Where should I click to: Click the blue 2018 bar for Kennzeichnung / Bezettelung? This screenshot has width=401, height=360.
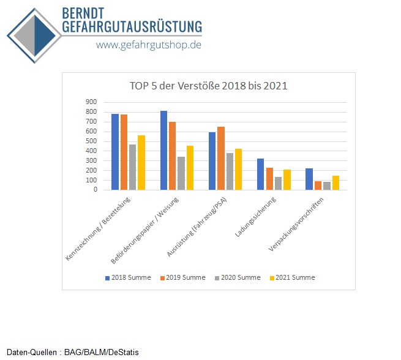[x=115, y=152]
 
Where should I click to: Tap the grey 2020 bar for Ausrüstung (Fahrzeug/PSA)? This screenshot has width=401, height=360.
[x=230, y=171]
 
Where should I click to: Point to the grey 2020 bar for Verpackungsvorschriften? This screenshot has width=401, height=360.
[x=327, y=186]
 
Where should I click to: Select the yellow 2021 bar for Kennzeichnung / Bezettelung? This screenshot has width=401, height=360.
[x=141, y=162]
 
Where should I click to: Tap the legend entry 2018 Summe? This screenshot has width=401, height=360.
[x=127, y=277]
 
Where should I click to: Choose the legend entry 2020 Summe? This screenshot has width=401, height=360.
[x=237, y=277]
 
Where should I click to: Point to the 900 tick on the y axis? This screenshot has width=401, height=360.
[x=91, y=102]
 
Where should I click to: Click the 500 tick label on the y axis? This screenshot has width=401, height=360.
[x=91, y=141]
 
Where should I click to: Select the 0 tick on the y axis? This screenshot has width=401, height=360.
[x=95, y=190]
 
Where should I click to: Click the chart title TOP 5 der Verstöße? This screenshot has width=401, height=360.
[x=208, y=86]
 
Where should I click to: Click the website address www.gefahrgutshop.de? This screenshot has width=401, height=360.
[x=148, y=45]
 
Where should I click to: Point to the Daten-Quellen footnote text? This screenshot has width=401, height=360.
[x=73, y=352]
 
